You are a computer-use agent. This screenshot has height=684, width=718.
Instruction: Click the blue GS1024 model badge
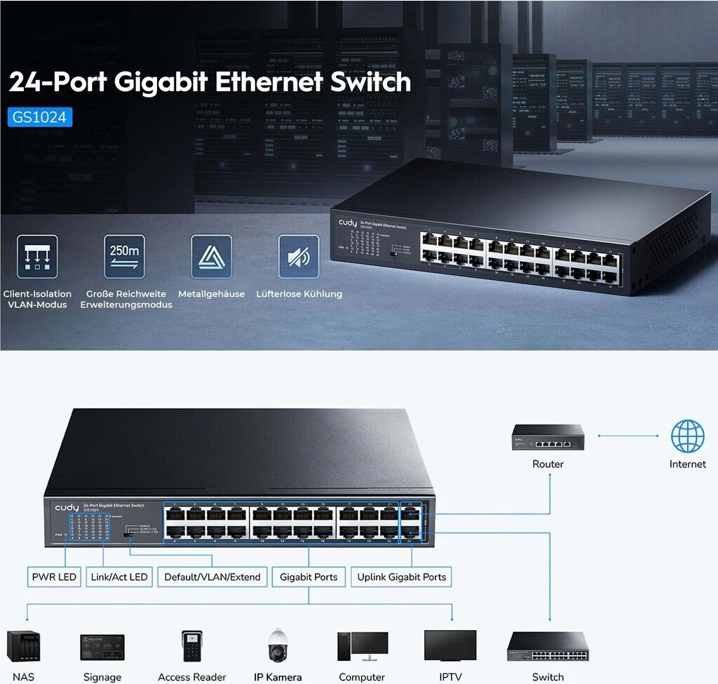(41, 116)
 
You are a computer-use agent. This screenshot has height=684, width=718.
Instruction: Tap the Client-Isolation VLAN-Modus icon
(36, 257)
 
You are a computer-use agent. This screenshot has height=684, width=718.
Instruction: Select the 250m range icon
(124, 257)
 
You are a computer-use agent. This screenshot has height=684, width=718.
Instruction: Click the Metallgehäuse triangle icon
(211, 257)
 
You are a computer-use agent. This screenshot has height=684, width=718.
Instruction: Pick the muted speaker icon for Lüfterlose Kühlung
(299, 257)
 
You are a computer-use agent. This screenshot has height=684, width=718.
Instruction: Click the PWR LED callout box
(54, 577)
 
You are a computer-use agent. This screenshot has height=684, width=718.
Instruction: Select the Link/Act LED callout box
(119, 577)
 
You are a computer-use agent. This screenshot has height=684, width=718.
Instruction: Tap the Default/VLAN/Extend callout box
(212, 577)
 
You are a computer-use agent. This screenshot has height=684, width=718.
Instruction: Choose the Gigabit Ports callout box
(309, 577)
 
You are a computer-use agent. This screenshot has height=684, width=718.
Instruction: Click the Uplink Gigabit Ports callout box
(401, 577)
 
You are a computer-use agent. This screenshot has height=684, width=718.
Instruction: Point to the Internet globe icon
(687, 436)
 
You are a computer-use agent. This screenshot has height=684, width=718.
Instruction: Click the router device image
(548, 437)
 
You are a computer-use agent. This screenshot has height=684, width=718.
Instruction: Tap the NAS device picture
(22, 647)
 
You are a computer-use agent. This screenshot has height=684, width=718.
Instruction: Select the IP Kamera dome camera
(278, 646)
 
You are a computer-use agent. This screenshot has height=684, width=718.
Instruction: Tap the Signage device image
(102, 647)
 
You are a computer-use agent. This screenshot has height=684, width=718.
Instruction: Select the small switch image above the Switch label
(548, 647)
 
